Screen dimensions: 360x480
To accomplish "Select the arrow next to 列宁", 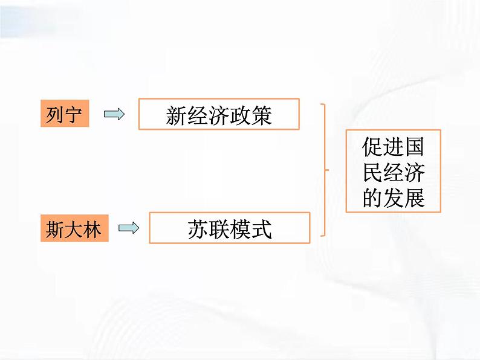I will click(114, 114).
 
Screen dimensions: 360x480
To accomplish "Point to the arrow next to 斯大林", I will click(129, 228).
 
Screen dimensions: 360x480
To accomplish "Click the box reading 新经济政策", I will click(219, 115).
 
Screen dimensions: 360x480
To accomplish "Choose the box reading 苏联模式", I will click(229, 228).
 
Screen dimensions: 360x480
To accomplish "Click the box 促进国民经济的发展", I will click(393, 171).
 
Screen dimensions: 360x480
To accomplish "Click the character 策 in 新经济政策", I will click(262, 115).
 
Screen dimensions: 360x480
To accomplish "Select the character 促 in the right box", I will click(373, 148).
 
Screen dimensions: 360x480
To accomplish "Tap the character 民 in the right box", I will click(373, 172).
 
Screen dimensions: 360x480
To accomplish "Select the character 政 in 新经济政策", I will click(241, 115).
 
